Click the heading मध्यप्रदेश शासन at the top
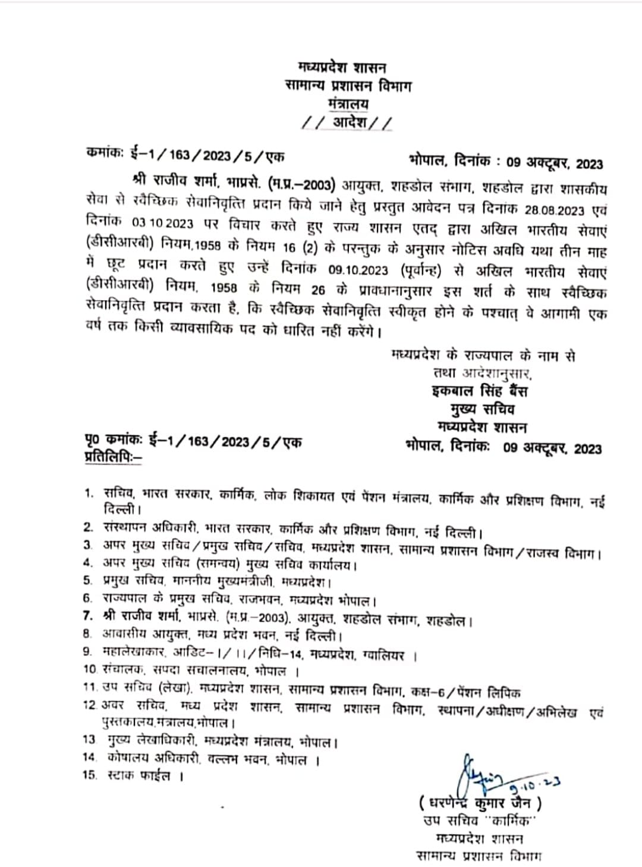[342, 66]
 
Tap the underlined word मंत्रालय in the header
[348, 104]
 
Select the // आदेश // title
[347, 123]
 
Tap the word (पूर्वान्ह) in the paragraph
[419, 270]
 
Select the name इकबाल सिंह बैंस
[479, 391]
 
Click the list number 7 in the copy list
[88, 615]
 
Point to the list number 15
[89, 775]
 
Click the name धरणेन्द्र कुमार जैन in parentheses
[480, 803]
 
